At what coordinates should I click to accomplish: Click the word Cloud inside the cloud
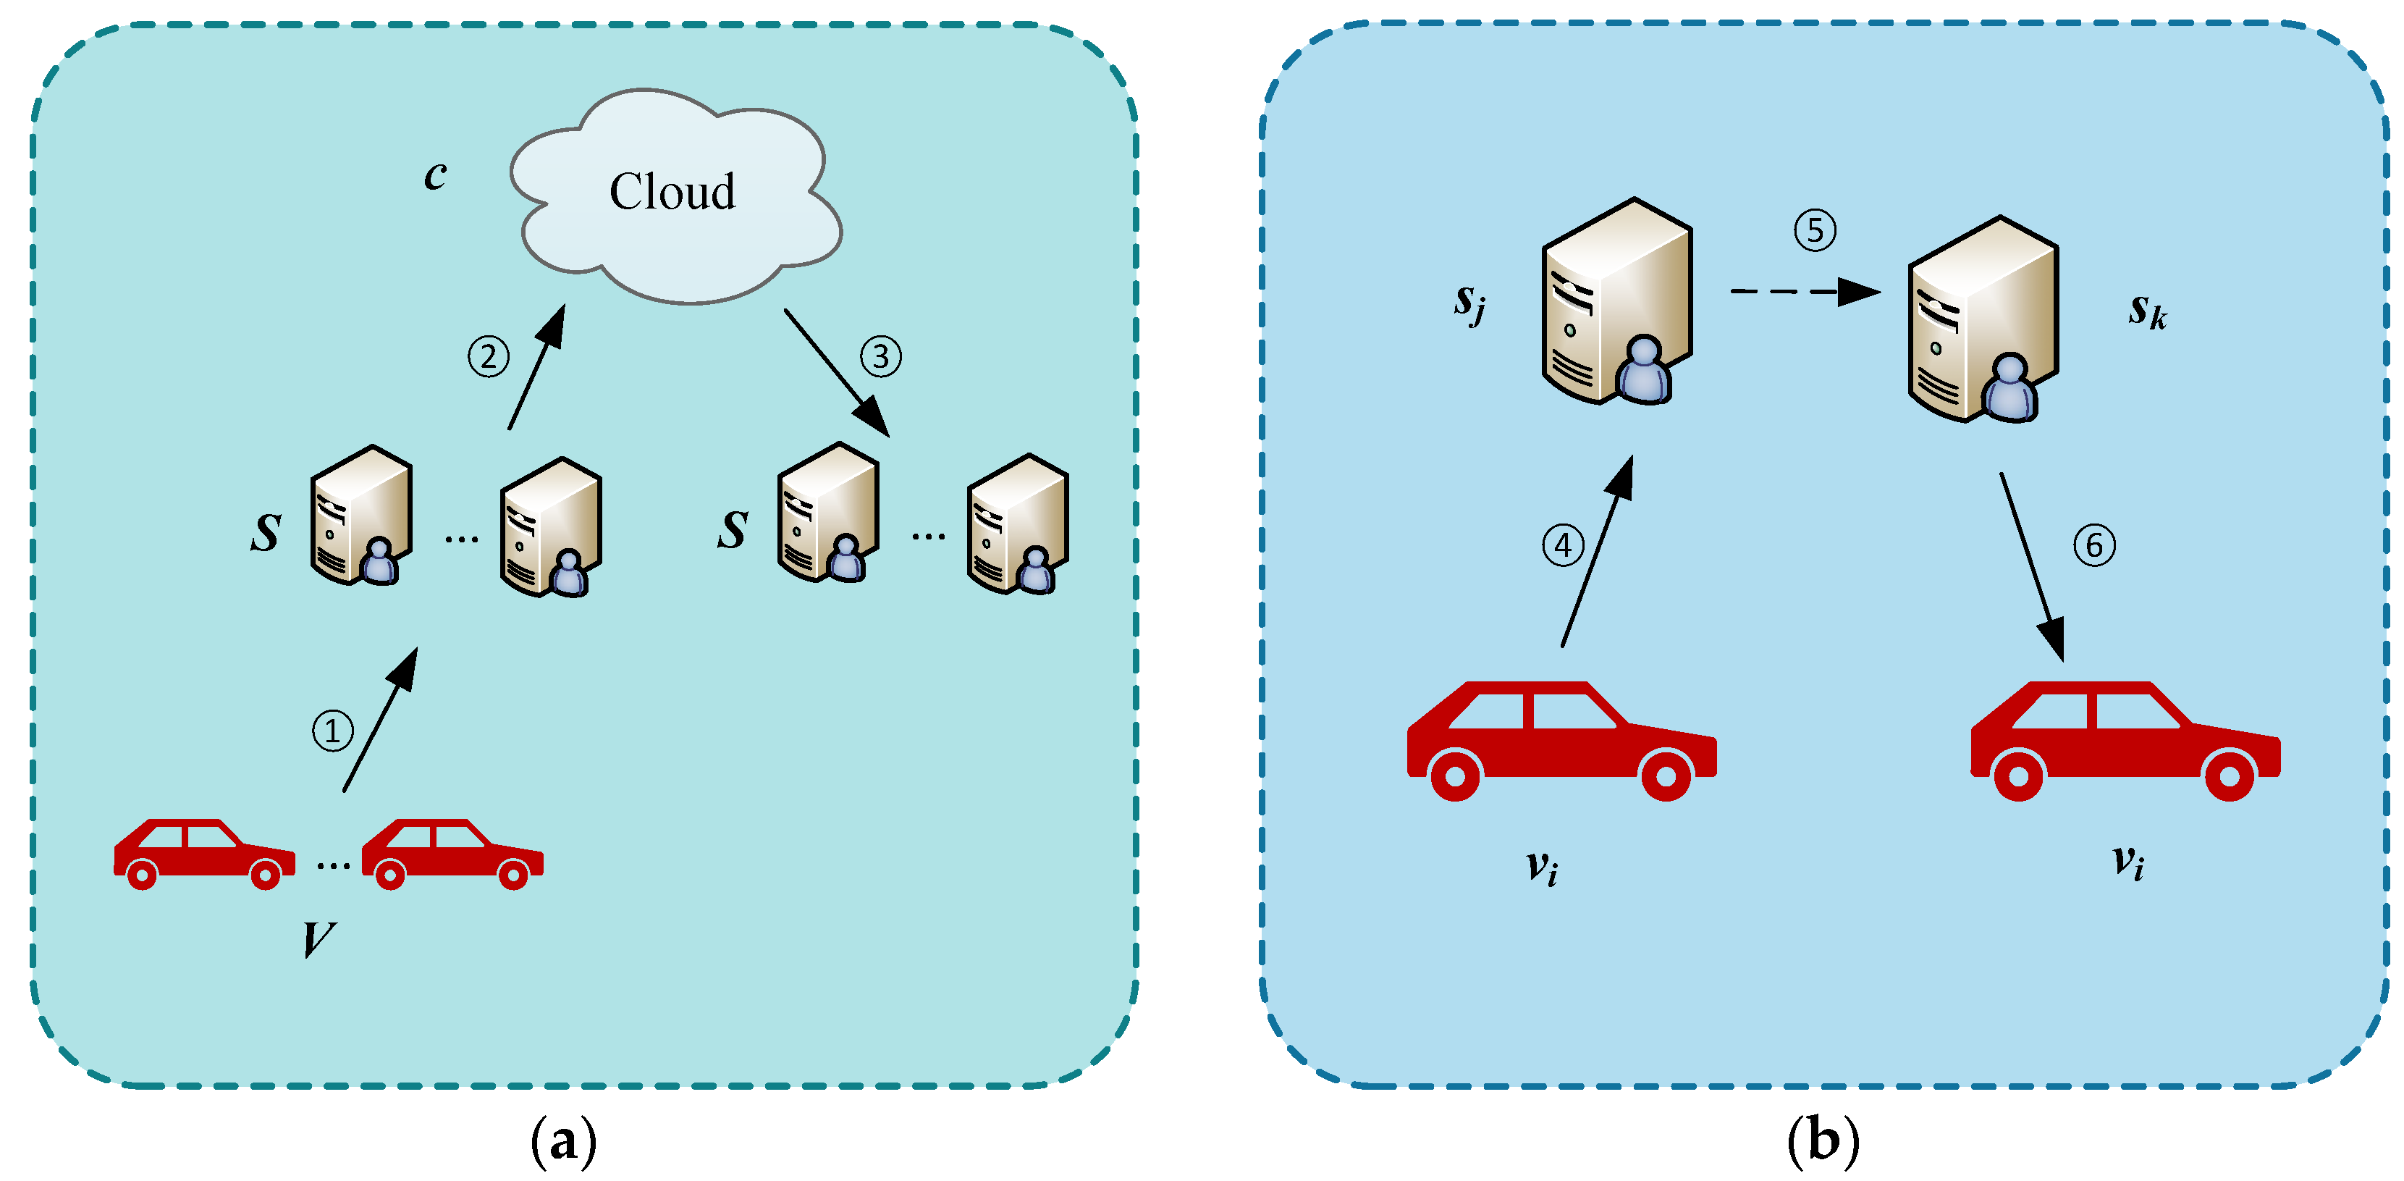pyautogui.click(x=672, y=191)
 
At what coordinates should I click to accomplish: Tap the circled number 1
pyautogui.click(x=332, y=730)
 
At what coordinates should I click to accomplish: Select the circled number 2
pyautogui.click(x=488, y=356)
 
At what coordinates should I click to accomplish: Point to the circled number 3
pyautogui.click(x=880, y=356)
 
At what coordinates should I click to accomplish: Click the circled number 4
pyautogui.click(x=1562, y=545)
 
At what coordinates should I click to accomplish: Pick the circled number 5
pyautogui.click(x=1815, y=230)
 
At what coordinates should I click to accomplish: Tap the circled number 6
pyautogui.click(x=2094, y=545)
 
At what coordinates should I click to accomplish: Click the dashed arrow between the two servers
pyautogui.click(x=1801, y=291)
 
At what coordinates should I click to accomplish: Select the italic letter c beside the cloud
pyautogui.click(x=435, y=174)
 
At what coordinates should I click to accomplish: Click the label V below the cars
pyautogui.click(x=319, y=938)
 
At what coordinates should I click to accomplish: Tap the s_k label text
pyautogui.click(x=2146, y=310)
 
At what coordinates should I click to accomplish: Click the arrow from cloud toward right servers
pyautogui.click(x=835, y=371)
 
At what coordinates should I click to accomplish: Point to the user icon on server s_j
pyautogui.click(x=1643, y=371)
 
